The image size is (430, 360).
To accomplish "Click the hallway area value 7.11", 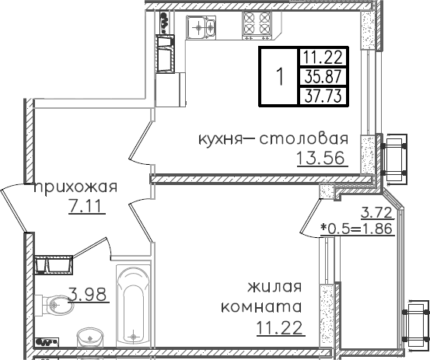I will (x=86, y=207).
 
